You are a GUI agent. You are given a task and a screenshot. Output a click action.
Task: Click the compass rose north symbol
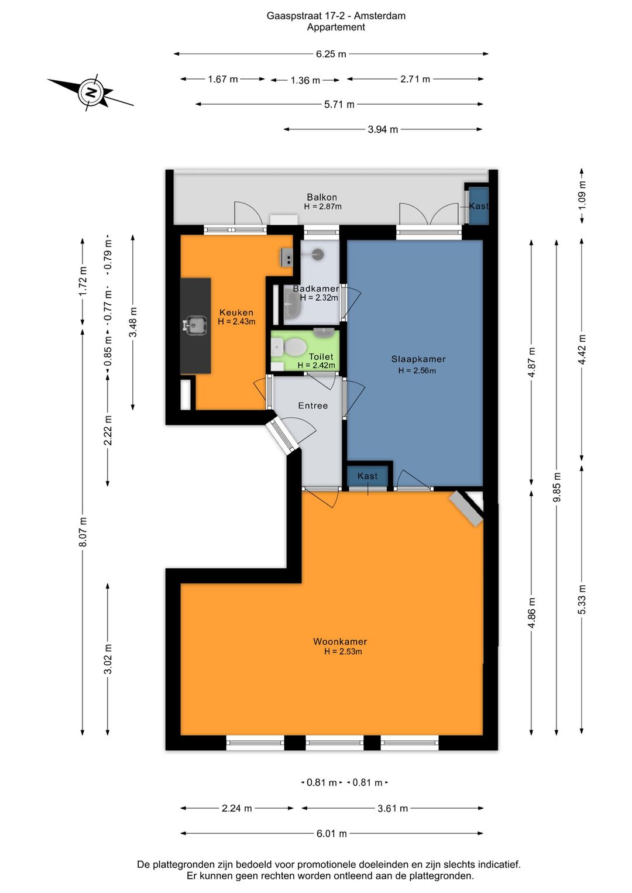91,92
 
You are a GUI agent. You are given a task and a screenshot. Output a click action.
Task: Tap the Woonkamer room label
340,641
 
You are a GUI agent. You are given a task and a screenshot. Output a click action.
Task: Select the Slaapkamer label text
418,359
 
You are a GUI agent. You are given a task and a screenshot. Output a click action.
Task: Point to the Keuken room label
236,312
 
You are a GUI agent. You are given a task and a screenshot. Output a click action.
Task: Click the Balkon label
322,197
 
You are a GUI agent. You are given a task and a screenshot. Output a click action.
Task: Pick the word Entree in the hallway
313,406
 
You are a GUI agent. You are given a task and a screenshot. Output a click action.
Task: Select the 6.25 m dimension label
331,54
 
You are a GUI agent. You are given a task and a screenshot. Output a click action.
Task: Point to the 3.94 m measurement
383,129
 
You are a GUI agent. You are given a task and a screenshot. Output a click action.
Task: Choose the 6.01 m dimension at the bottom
332,833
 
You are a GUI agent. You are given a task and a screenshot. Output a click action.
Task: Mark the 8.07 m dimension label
83,532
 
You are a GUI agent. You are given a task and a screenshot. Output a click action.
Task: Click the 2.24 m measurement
237,808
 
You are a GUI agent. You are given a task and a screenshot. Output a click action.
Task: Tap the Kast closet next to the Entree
367,476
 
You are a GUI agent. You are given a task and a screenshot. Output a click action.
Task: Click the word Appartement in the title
336,27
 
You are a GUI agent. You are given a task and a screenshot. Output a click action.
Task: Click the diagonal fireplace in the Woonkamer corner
466,509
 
